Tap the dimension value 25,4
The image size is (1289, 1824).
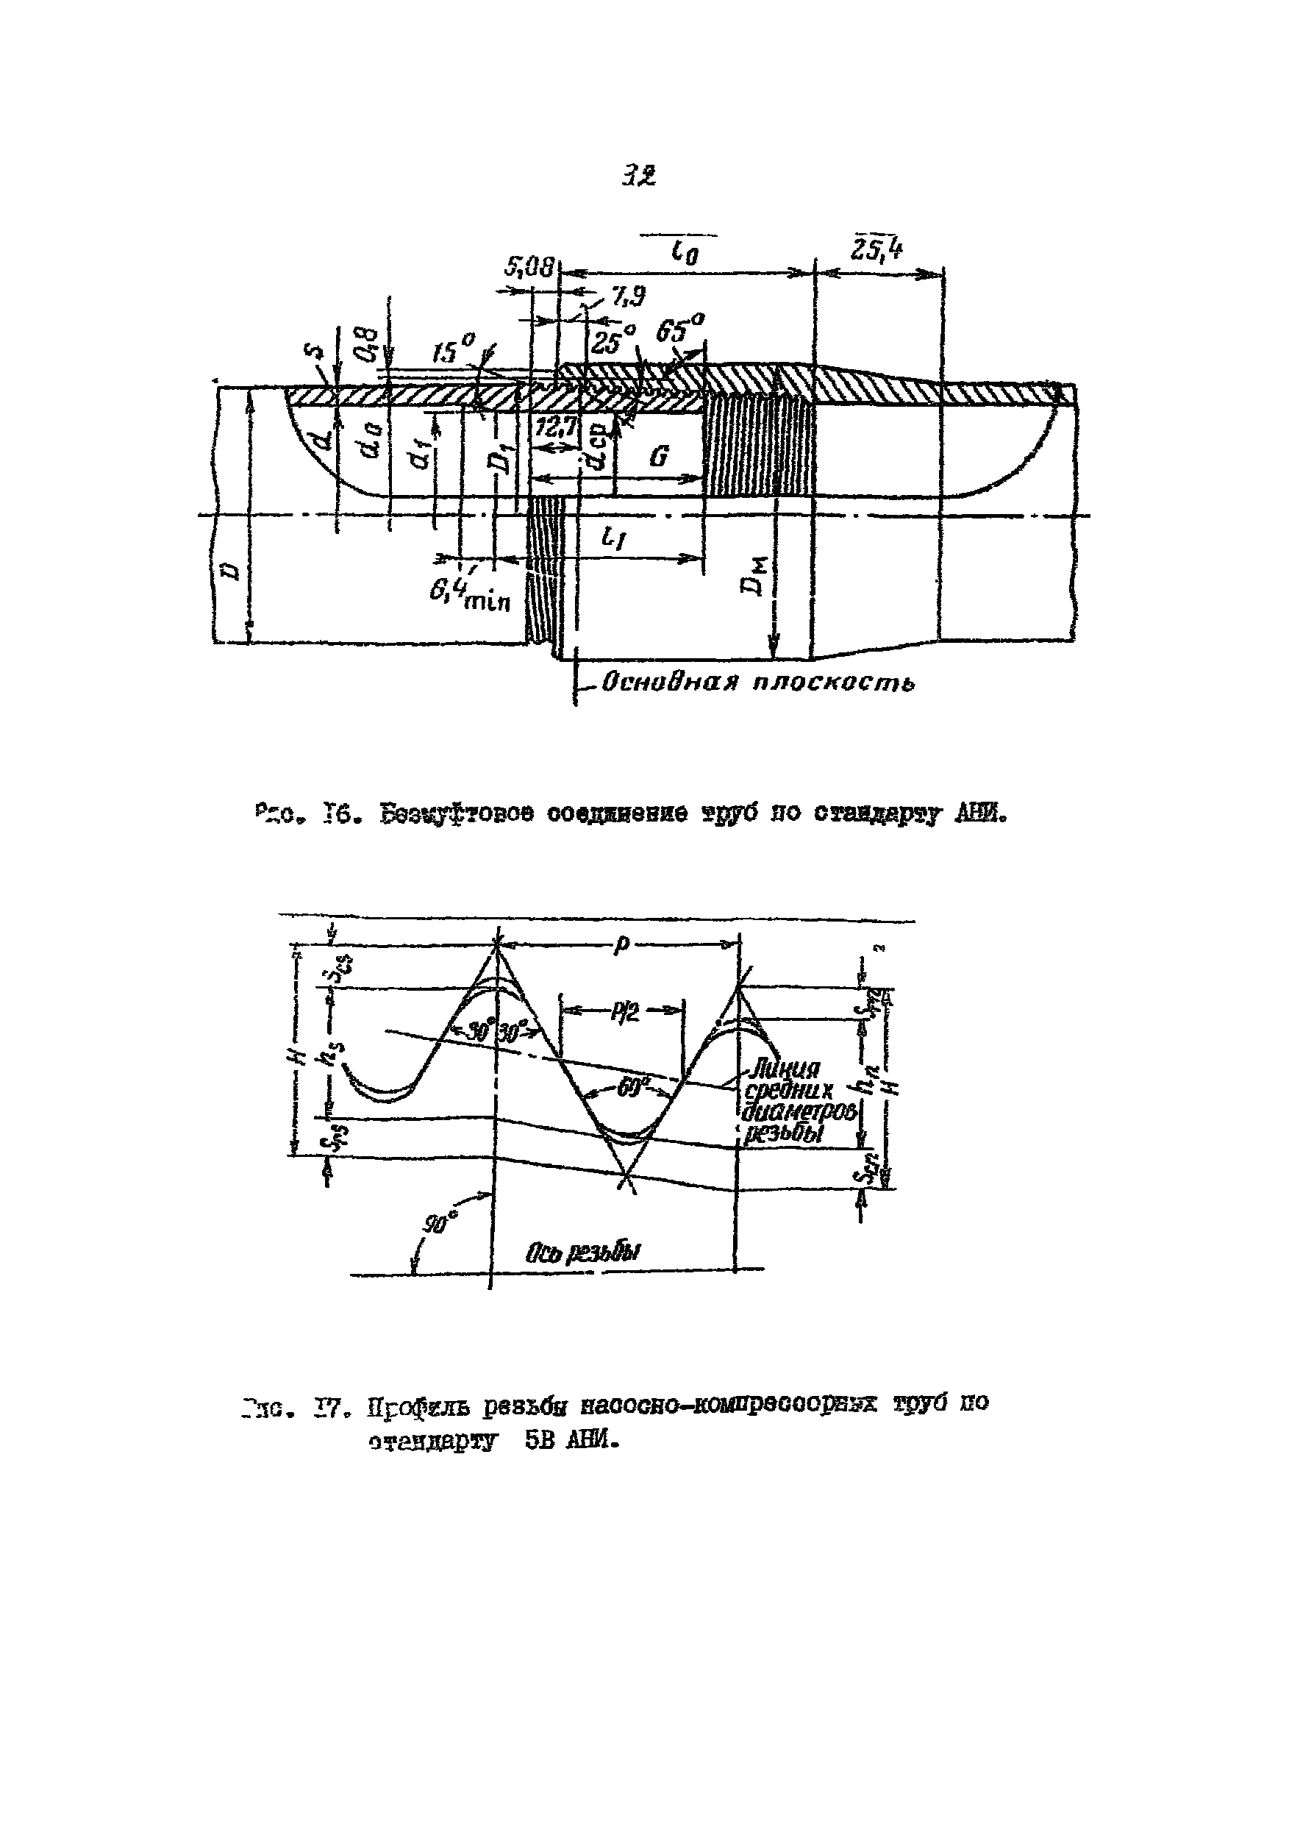(876, 251)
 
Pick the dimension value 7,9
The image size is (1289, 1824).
(628, 296)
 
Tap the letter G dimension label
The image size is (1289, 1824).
(658, 457)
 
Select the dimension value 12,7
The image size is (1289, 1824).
(555, 429)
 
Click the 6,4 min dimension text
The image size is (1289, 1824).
(468, 594)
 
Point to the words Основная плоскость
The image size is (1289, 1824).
(757, 683)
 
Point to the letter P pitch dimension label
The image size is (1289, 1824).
(622, 944)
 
